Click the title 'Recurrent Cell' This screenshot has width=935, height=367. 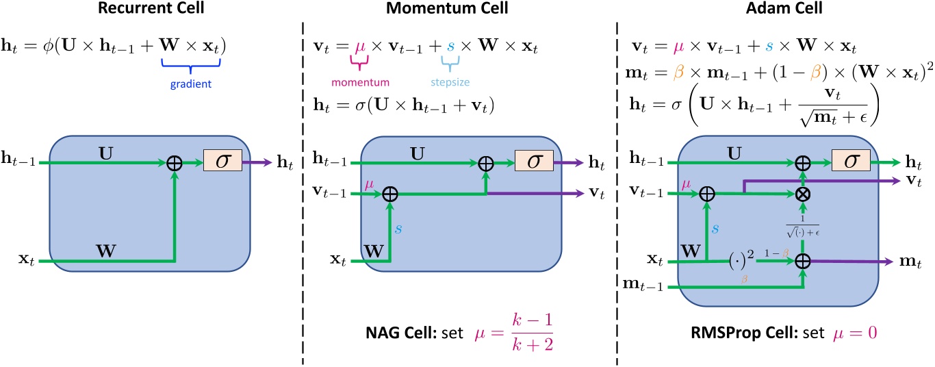coord(141,10)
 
